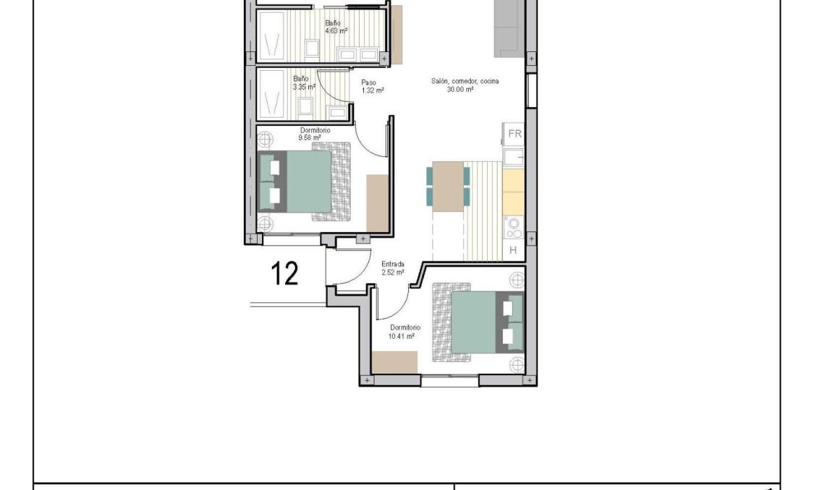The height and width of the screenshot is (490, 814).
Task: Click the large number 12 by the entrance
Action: pos(285,274)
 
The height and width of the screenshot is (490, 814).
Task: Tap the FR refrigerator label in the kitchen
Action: pos(514,134)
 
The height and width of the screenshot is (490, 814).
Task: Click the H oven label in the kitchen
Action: pos(513,251)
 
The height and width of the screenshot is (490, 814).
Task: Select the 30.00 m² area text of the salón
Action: pos(460,90)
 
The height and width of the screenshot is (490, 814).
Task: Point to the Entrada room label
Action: pos(393,264)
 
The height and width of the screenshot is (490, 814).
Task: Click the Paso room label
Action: pos(369,82)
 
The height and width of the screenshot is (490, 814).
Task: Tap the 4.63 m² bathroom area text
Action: pos(336,31)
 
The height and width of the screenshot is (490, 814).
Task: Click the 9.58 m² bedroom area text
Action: pos(309,137)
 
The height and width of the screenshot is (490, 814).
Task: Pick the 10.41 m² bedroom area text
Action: pos(401,336)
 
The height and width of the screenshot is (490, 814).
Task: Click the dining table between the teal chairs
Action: pos(449,186)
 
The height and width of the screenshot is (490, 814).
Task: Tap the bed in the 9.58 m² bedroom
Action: pos(304,181)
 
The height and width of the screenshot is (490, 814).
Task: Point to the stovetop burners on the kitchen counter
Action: pos(514,228)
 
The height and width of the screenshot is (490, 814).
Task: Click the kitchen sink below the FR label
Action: pos(514,157)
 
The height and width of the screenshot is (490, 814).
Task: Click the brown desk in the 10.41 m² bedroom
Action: pos(394,362)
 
